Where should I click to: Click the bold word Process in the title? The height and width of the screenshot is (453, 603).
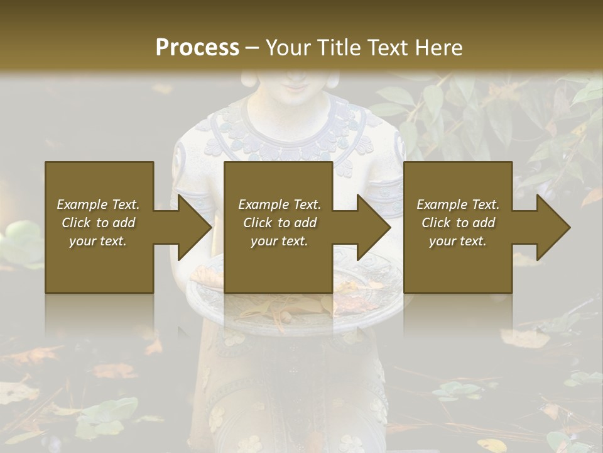(x=197, y=48)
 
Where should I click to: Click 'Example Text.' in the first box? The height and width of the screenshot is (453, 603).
(x=98, y=204)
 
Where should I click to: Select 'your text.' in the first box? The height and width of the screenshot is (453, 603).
(x=98, y=241)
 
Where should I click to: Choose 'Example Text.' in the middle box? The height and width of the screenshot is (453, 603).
(x=280, y=204)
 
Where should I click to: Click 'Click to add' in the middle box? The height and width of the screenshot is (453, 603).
(x=280, y=223)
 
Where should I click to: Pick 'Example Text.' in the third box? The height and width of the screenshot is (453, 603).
(x=458, y=204)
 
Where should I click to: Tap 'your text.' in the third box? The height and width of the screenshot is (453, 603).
(x=458, y=241)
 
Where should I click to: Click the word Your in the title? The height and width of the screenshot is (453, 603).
(x=285, y=48)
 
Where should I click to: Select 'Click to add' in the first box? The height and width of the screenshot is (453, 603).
(x=98, y=223)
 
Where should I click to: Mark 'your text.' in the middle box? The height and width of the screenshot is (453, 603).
(x=280, y=241)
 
